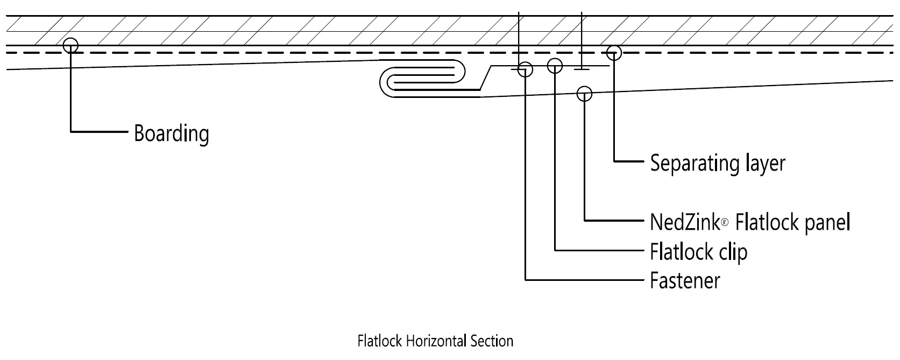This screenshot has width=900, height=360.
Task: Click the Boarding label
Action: click(171, 132)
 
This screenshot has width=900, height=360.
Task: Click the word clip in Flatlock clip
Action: click(733, 251)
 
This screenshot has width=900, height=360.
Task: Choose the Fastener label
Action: click(684, 280)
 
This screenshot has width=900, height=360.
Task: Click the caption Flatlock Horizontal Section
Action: click(435, 341)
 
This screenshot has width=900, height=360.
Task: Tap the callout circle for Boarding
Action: click(70, 45)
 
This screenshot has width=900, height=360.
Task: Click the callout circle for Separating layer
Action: click(614, 53)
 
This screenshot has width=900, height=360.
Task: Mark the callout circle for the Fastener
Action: click(525, 69)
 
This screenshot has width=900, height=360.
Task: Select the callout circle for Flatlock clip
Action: click(555, 66)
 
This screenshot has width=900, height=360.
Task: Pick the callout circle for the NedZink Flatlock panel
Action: click(584, 94)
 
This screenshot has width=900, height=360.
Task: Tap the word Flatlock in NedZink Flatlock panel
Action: click(759, 221)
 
